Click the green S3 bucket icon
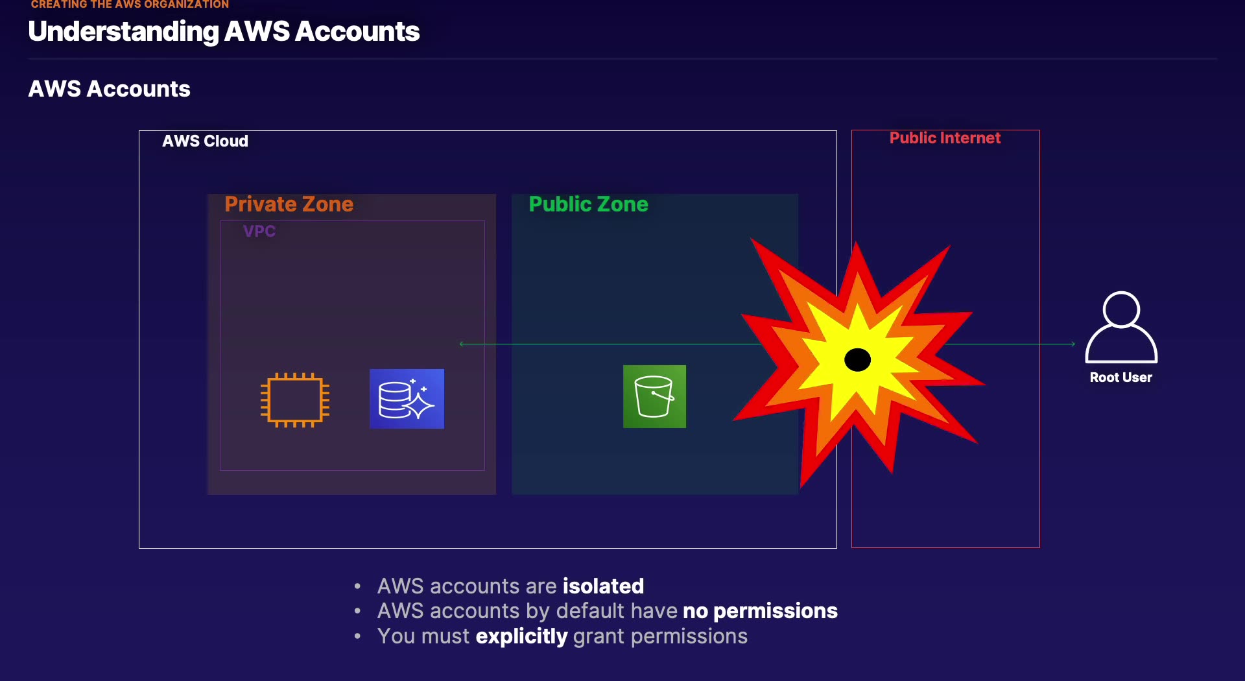(x=654, y=396)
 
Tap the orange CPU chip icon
(x=295, y=400)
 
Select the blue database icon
(x=407, y=399)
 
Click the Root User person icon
(x=1120, y=327)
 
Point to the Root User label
(x=1120, y=377)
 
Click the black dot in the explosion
(x=857, y=359)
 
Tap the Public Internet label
(x=945, y=138)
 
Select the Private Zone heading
(x=289, y=204)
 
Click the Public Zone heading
(x=588, y=204)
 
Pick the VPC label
(x=259, y=232)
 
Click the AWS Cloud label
(x=205, y=141)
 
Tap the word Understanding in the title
(x=123, y=32)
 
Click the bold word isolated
(x=603, y=586)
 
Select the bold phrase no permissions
(x=760, y=611)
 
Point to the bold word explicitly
(x=521, y=636)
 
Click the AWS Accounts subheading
(x=109, y=89)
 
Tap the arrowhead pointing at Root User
(x=1073, y=344)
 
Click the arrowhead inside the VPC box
(x=461, y=344)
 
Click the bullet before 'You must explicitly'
(x=357, y=636)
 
